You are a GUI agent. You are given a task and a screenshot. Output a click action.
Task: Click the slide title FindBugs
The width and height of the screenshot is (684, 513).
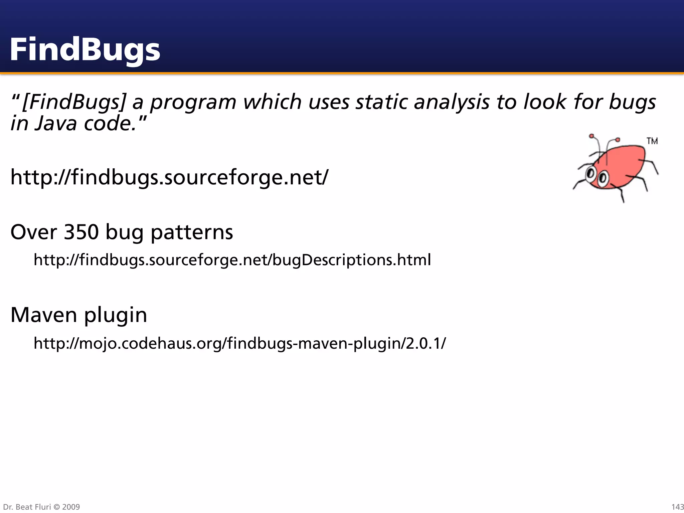click(85, 49)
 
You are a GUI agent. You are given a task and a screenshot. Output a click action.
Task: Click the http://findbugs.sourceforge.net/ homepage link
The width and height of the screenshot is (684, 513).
click(169, 177)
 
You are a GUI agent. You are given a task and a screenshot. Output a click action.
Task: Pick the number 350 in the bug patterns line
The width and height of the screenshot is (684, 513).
click(81, 232)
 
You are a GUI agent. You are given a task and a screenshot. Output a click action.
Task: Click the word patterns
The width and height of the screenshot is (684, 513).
click(192, 232)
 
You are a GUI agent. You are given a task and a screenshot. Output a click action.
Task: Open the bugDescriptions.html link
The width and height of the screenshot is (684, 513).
click(232, 260)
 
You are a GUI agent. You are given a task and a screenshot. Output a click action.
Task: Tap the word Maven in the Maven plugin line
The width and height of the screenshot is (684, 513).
click(44, 315)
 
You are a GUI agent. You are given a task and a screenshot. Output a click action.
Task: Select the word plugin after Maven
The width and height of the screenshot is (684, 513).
click(115, 315)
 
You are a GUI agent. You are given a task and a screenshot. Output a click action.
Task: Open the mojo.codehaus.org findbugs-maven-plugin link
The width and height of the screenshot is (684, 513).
click(239, 343)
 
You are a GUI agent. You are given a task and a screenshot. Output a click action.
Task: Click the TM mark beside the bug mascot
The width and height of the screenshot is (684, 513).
click(652, 141)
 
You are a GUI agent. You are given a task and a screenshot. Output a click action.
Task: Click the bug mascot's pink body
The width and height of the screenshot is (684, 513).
click(625, 164)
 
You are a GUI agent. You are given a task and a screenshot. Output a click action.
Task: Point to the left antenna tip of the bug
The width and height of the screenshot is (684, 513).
click(591, 136)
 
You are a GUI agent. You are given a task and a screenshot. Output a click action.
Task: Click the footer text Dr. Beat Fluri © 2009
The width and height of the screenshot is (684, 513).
click(41, 507)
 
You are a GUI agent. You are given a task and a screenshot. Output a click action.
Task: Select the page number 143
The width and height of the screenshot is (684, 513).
click(677, 507)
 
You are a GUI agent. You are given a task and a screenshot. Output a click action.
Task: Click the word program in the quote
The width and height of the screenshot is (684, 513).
click(193, 102)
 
